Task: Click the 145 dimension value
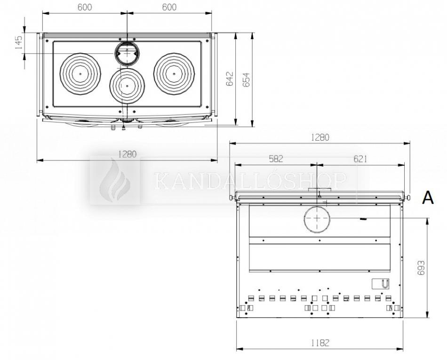coord(18,42)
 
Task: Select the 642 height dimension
coord(230,79)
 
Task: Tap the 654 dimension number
coord(246,80)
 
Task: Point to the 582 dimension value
coord(276,159)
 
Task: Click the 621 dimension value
coord(360,159)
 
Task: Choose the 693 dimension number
coord(421,268)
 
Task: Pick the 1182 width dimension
coord(320,343)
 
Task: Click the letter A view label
coord(428,198)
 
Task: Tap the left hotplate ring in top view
coord(80,73)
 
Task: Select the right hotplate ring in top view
coord(174,73)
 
